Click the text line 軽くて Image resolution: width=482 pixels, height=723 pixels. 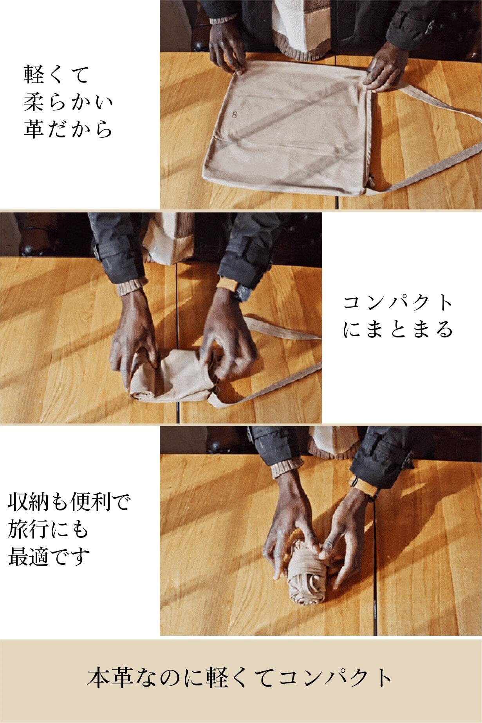[x=57, y=74]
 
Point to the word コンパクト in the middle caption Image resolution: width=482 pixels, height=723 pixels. [x=398, y=303]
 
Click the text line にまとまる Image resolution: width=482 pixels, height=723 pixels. [x=398, y=330]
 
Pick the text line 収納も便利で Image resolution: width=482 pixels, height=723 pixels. [x=69, y=503]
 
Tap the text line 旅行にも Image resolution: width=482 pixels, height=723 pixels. [x=49, y=530]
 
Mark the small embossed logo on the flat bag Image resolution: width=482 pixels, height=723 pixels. [x=235, y=115]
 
